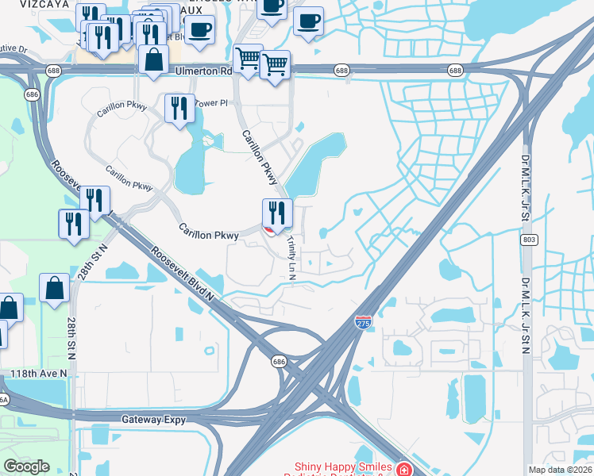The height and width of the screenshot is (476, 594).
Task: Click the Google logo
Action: pos(26,466)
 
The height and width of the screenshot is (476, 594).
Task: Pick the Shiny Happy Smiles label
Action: pos(345,468)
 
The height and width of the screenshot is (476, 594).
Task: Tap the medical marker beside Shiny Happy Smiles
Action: pos(405,469)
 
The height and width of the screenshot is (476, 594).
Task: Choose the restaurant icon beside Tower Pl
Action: pos(179,108)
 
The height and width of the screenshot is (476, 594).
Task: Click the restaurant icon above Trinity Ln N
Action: pos(277,213)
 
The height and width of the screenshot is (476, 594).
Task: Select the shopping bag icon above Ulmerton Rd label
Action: pos(152,59)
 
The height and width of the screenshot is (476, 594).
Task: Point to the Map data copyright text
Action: pos(561,470)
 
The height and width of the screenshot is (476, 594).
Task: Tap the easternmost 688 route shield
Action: pos(455,71)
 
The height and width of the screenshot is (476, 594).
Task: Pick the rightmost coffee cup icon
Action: pos(308,22)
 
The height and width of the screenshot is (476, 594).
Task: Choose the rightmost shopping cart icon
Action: pos(275,65)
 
